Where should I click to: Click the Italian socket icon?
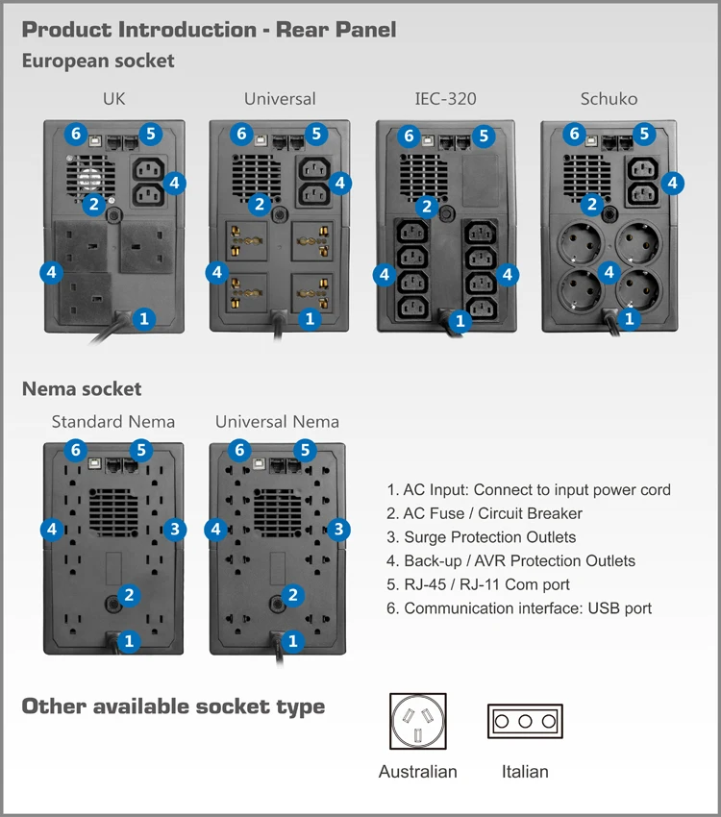click(525, 721)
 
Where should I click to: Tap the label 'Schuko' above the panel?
click(609, 99)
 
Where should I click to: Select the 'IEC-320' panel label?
click(445, 99)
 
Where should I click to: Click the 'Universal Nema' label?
click(277, 421)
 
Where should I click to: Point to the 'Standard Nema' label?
click(113, 421)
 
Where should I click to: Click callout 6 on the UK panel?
click(76, 134)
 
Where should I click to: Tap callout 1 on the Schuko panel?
click(630, 318)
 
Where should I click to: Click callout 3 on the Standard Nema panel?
click(174, 528)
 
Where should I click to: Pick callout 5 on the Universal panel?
click(316, 134)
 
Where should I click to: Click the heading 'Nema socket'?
click(82, 389)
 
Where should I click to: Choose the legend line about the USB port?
click(519, 608)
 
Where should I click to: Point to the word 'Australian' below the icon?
click(418, 772)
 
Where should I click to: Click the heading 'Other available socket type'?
click(173, 706)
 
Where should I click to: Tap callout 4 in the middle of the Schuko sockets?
click(609, 273)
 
